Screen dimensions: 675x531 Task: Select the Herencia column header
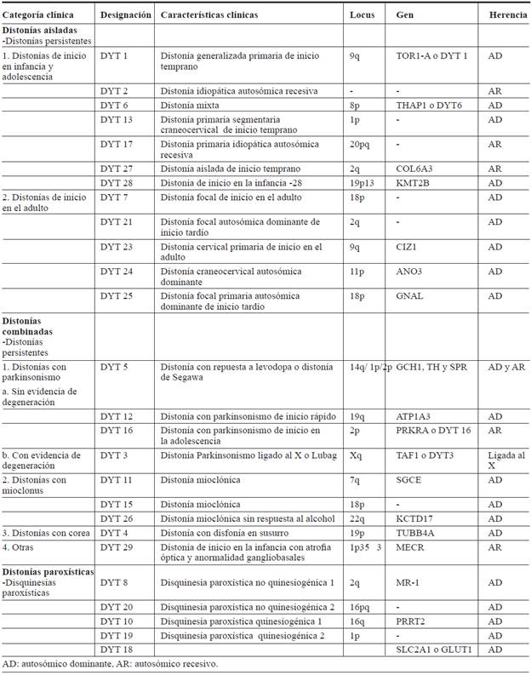coord(507,15)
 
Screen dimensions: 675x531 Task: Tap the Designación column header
coord(126,15)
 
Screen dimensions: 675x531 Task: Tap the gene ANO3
coord(409,272)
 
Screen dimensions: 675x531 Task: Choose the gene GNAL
coord(410,296)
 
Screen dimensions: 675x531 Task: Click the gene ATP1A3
coord(415,418)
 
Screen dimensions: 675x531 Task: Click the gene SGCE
coord(410,481)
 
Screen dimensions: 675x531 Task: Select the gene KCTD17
coord(416,518)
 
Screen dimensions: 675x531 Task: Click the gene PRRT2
coord(410,622)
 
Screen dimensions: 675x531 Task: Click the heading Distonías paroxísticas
coord(48,571)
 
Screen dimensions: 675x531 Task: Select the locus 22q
coord(357,518)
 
